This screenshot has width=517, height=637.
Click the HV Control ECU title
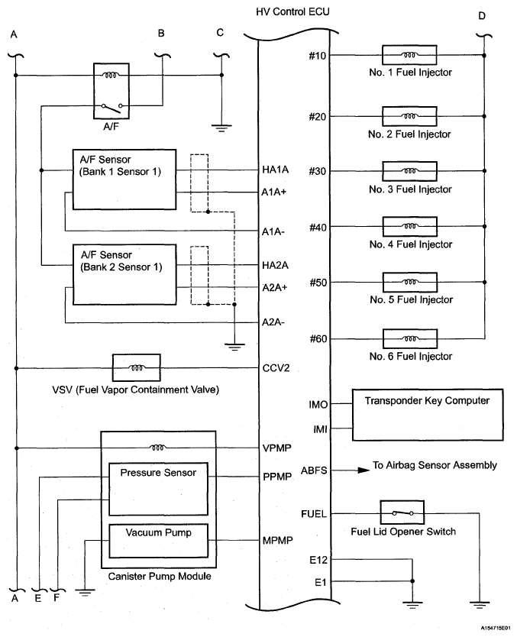292,11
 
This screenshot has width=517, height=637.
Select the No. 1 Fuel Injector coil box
409,55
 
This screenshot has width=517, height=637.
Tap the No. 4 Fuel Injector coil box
410,226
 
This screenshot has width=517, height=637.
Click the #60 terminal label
318,339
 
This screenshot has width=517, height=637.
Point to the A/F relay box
111,91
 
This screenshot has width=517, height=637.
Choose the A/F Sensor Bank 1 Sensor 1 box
124,179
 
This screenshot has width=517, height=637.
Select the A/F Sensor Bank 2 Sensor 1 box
124,275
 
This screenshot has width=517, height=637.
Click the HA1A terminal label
276,170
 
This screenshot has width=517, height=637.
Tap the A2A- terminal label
273,322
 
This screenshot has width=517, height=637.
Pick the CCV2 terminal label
276,368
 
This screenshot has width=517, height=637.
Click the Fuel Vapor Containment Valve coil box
137,367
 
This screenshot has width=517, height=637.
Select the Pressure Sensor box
158,489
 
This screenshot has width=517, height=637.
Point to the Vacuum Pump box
158,541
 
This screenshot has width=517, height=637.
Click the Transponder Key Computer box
428,415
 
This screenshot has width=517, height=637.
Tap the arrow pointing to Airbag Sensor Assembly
351,470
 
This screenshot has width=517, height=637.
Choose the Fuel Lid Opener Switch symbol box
402,513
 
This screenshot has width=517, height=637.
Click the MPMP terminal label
278,541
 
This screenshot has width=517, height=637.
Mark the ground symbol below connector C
221,128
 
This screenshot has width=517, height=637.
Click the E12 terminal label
318,560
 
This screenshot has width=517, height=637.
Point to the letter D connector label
482,16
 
